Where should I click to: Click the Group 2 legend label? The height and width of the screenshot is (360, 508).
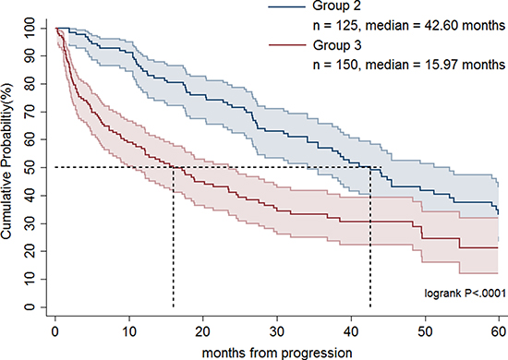pos(336,6)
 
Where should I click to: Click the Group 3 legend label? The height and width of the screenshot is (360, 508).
pos(336,45)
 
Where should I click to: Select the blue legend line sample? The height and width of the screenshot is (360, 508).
pos(287,6)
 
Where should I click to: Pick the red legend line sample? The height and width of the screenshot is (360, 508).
pos(287,45)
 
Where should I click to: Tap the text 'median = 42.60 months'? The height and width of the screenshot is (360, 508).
pos(435,26)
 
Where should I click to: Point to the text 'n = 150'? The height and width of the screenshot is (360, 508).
pos(335,65)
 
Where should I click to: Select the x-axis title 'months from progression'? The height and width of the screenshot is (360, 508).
pos(277,353)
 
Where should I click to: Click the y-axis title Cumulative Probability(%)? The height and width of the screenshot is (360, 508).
pos(6,162)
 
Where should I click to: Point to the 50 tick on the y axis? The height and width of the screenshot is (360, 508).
pos(30,167)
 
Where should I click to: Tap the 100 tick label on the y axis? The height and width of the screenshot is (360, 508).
pos(30,29)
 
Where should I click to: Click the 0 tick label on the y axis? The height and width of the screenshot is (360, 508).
pos(30,306)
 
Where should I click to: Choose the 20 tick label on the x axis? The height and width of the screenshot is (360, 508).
pos(203,331)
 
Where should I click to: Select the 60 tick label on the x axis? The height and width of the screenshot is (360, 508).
pos(499,331)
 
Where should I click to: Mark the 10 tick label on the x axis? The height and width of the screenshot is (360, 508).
pos(129,331)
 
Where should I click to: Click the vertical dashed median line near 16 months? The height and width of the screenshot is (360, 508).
pos(174,237)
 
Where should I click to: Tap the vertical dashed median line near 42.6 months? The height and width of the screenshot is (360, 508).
pos(370,237)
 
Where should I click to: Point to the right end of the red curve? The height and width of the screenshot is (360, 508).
pos(498,247)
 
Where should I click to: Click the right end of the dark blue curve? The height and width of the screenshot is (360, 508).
pos(498,213)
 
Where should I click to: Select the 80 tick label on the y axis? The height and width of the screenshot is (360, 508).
pos(30,84)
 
